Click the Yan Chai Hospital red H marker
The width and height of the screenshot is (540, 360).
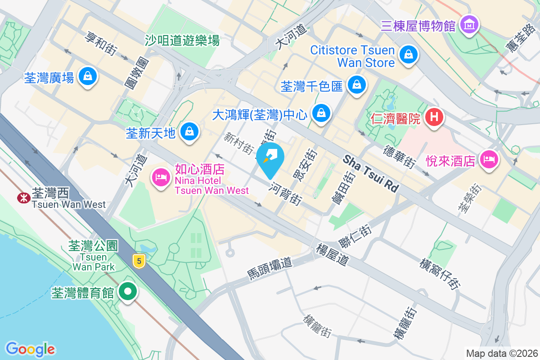[x=434, y=117]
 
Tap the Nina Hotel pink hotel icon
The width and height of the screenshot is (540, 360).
[x=160, y=176]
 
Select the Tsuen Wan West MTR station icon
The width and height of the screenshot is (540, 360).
[x=22, y=198]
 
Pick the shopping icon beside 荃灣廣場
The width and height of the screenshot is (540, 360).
[x=87, y=77]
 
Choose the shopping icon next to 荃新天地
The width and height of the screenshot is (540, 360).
[x=189, y=132]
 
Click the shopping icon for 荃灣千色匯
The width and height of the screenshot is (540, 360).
[x=356, y=84]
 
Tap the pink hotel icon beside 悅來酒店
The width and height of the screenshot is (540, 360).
[x=489, y=159]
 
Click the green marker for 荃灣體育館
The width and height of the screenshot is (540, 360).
[x=128, y=292]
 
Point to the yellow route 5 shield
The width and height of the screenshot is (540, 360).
[x=139, y=260]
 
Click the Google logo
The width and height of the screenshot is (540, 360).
[x=31, y=349]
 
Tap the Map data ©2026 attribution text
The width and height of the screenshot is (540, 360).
[x=501, y=353]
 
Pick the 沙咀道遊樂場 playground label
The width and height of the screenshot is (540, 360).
[x=182, y=41]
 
